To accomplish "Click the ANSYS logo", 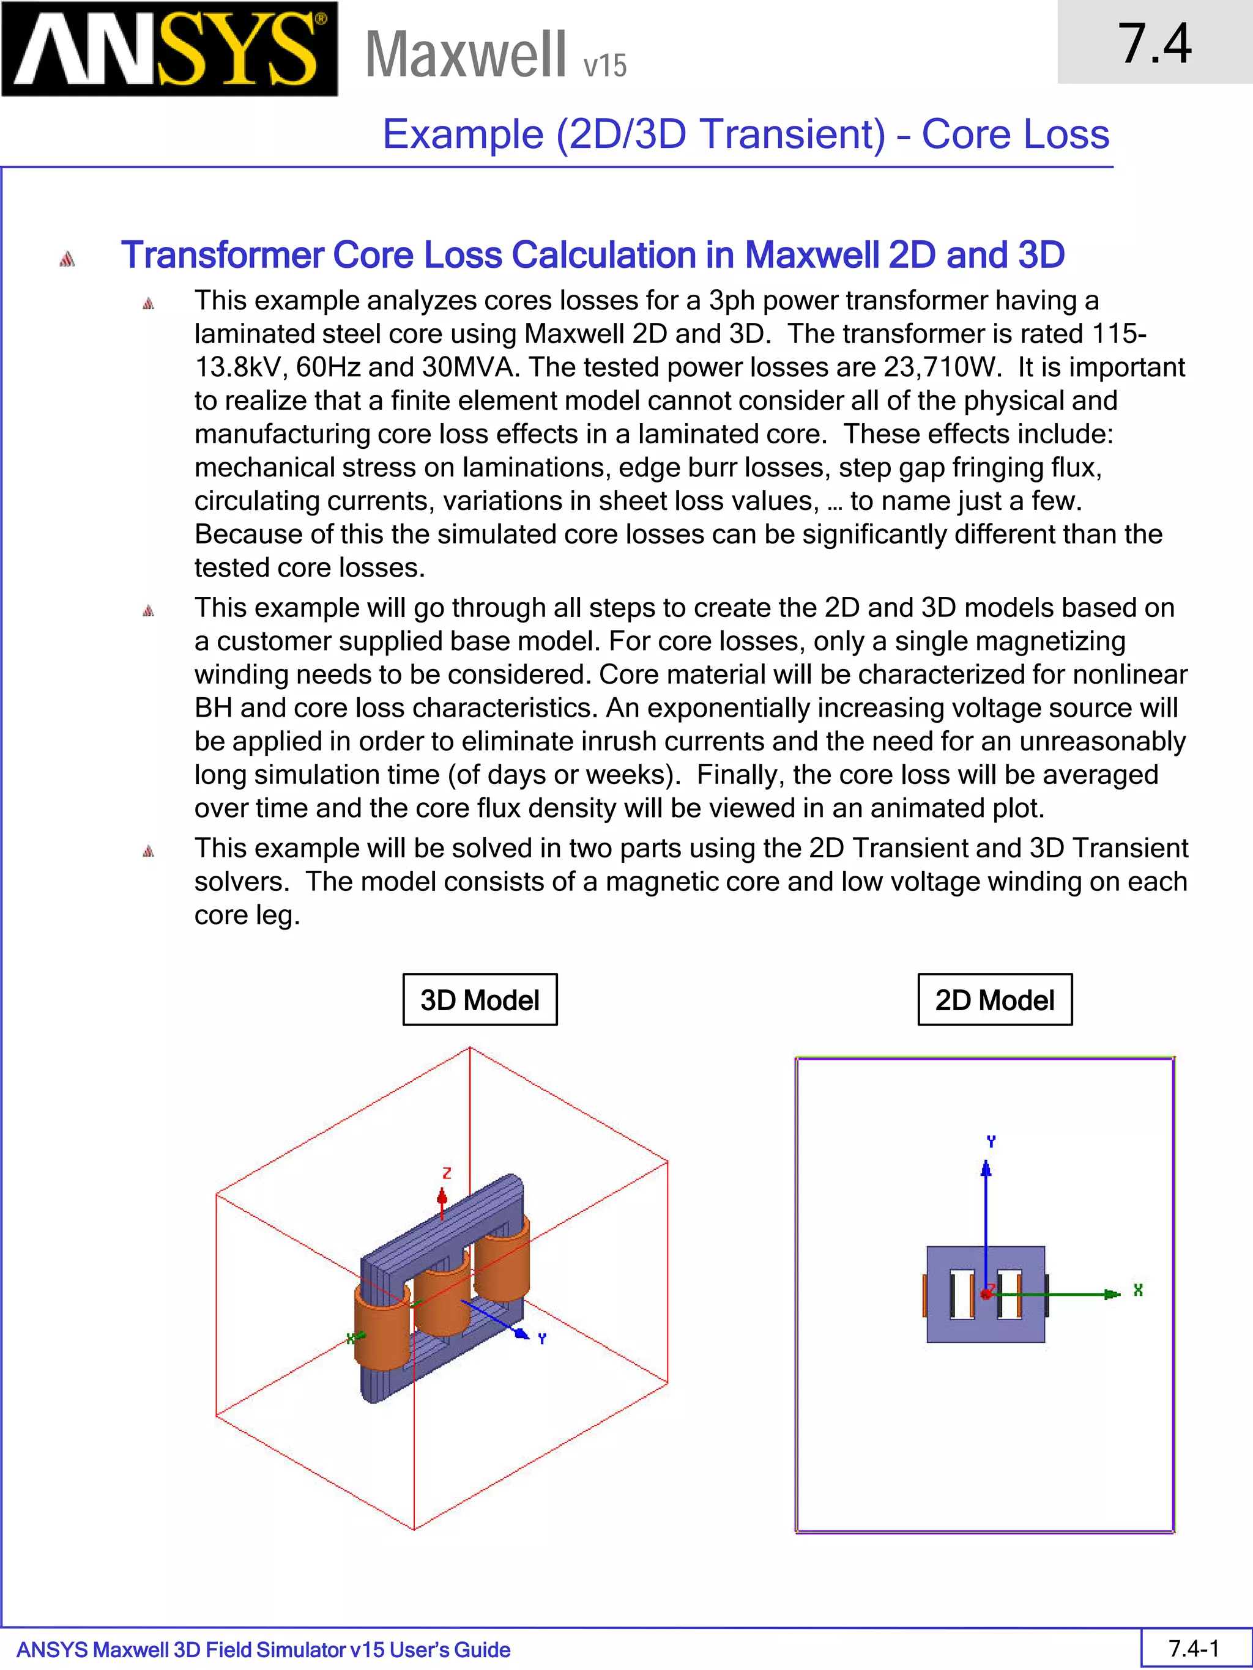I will pos(170,49).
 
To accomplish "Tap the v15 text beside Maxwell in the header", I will pos(605,65).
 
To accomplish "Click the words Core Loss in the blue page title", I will pos(1014,135).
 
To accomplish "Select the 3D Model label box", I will pos(480,1000).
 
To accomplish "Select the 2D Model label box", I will pos(994,1000).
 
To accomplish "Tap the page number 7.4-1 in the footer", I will pos(1194,1648).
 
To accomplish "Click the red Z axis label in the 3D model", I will pos(447,1173).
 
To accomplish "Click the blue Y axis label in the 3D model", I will pos(541,1339).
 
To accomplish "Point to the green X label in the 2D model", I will pos(1137,1290).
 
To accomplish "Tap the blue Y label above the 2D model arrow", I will pos(991,1142).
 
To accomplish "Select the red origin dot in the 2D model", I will pos(986,1294).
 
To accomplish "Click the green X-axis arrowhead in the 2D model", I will pos(1112,1294).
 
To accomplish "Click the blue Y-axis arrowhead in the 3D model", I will pos(522,1334).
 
